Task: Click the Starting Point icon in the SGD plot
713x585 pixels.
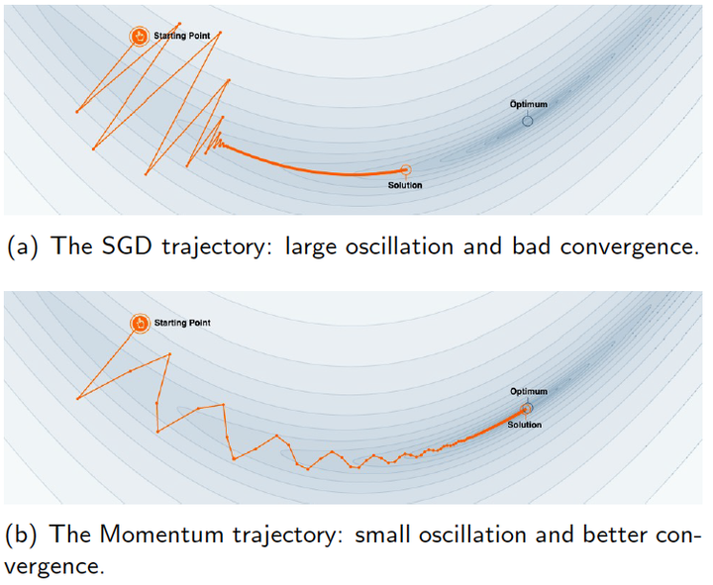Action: click(140, 37)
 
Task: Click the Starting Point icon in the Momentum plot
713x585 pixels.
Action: click(140, 324)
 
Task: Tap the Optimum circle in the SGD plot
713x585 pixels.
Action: click(527, 120)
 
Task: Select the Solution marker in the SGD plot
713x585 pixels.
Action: click(405, 171)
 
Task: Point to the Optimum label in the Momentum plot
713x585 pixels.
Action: click(528, 391)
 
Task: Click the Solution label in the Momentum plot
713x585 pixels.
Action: click(524, 425)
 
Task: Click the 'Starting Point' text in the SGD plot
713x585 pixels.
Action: click(181, 35)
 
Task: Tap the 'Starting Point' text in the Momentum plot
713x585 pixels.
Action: click(182, 323)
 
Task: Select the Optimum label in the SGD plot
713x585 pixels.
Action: click(528, 104)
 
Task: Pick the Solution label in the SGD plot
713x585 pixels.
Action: click(405, 186)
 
